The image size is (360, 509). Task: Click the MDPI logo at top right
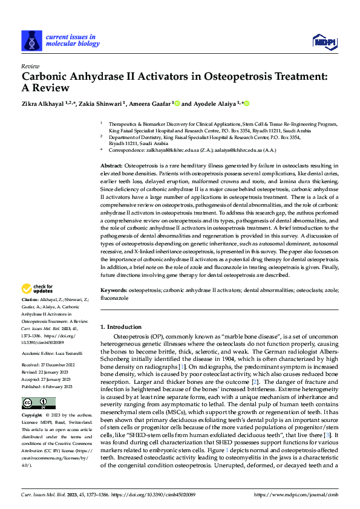324,41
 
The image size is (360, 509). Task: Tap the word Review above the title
30,66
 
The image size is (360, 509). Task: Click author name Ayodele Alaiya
216,103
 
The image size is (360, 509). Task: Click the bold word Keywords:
114,290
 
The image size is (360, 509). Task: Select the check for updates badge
37,290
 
